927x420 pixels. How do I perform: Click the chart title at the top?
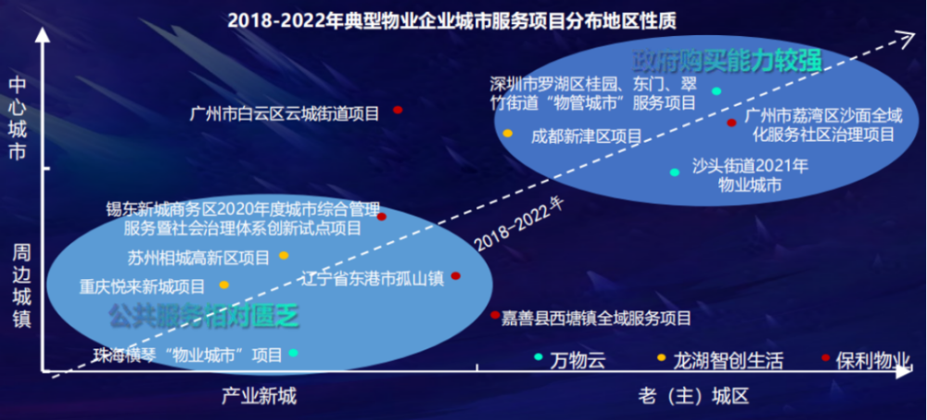[x=451, y=21]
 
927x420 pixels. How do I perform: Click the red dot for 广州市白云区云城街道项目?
[x=398, y=110]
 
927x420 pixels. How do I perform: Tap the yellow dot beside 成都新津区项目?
[x=507, y=134]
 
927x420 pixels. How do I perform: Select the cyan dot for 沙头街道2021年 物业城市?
[x=675, y=172]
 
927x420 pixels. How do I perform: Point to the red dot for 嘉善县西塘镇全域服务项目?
[x=495, y=314]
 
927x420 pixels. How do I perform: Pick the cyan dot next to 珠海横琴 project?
[x=293, y=352]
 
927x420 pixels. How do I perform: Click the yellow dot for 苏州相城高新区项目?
[x=284, y=256]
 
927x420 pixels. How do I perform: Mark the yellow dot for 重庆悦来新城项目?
[x=224, y=286]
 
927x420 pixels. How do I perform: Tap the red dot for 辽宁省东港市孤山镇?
[x=455, y=275]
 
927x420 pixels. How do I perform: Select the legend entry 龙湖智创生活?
[x=720, y=359]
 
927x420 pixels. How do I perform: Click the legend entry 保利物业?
[x=866, y=359]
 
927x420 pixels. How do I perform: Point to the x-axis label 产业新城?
[x=259, y=396]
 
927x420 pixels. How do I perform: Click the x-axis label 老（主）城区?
[x=692, y=396]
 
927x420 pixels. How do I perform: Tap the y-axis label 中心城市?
[x=19, y=119]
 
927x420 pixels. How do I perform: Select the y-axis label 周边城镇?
[x=20, y=286]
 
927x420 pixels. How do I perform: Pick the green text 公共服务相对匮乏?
[x=203, y=315]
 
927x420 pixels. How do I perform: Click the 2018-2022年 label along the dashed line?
[x=520, y=224]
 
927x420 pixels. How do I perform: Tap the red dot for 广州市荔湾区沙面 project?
[x=731, y=122]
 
